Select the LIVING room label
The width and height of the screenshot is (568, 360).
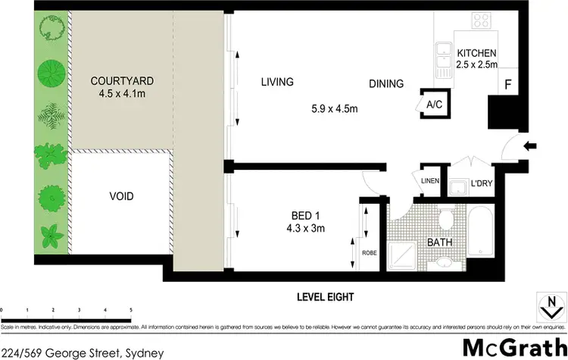[x=277, y=82]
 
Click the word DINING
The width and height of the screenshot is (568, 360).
[x=386, y=84]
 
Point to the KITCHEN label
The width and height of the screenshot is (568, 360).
[x=476, y=54]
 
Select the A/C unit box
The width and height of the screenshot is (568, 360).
[x=434, y=105]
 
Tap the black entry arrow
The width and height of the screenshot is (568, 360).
[x=532, y=146]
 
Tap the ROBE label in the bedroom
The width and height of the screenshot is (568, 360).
[x=370, y=253]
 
